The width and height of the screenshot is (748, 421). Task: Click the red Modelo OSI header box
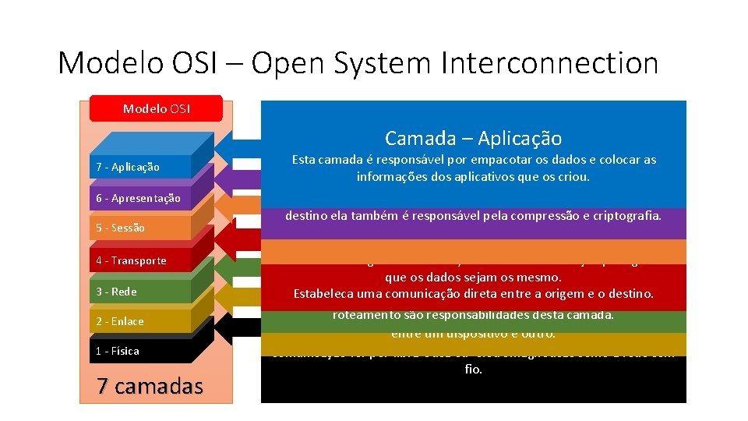pyautogui.click(x=156, y=108)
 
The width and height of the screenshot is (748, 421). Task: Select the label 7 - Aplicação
pyautogui.click(x=128, y=167)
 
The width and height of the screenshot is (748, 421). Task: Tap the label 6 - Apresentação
pyautogui.click(x=138, y=198)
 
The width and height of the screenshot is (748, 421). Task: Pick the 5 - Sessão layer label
pyautogui.click(x=120, y=228)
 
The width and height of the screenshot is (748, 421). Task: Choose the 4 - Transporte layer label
pyautogui.click(x=131, y=260)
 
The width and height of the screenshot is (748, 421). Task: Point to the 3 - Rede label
pyautogui.click(x=116, y=292)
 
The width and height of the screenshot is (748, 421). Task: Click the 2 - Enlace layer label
pyautogui.click(x=120, y=321)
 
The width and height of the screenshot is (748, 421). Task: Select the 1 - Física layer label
pyautogui.click(x=118, y=351)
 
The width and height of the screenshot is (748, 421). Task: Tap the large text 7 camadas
pyautogui.click(x=150, y=385)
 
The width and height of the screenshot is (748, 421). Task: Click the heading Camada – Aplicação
pyautogui.click(x=473, y=139)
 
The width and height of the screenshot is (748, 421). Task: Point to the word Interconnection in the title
pyautogui.click(x=549, y=63)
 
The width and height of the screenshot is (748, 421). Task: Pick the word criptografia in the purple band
pyautogui.click(x=622, y=215)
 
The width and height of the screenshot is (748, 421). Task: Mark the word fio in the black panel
pyautogui.click(x=473, y=370)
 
